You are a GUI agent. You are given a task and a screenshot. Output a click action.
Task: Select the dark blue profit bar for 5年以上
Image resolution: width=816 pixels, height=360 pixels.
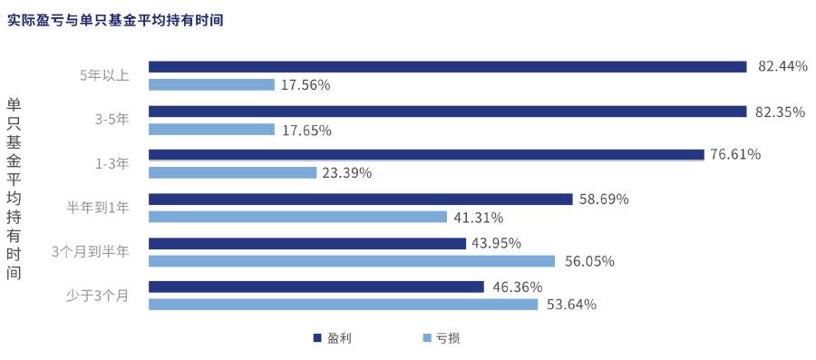[x=447, y=66]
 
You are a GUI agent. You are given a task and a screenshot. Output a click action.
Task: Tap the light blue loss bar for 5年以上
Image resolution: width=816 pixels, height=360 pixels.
[x=211, y=84]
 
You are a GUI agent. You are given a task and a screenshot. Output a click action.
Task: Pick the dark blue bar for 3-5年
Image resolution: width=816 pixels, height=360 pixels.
[x=447, y=112]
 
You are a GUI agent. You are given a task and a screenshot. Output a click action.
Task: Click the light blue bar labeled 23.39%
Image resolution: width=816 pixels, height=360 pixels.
[x=232, y=172]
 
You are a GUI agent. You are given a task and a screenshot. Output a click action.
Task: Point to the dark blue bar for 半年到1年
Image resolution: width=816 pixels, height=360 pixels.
[x=360, y=199]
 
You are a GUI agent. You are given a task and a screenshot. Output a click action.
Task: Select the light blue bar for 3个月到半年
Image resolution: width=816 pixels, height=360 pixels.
[x=352, y=261]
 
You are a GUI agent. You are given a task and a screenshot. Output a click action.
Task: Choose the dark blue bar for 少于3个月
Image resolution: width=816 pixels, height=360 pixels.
[x=316, y=287]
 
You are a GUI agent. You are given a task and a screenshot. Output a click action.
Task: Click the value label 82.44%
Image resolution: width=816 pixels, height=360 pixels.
[x=782, y=66]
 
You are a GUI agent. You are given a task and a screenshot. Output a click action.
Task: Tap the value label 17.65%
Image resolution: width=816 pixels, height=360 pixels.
[x=306, y=130]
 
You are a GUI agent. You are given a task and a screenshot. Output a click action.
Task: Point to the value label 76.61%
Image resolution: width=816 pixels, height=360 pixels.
[x=735, y=154]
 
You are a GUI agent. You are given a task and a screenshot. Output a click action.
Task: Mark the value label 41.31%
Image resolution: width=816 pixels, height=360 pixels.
[x=479, y=217]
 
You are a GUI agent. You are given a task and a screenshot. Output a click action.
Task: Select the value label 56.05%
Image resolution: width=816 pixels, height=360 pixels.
[x=589, y=261]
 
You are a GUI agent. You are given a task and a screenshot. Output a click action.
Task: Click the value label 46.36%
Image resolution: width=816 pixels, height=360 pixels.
[x=517, y=287]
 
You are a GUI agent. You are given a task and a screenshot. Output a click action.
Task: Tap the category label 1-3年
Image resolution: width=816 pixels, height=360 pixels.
[x=112, y=164]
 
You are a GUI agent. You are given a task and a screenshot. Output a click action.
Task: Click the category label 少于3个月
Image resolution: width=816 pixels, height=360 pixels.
[x=98, y=295]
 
